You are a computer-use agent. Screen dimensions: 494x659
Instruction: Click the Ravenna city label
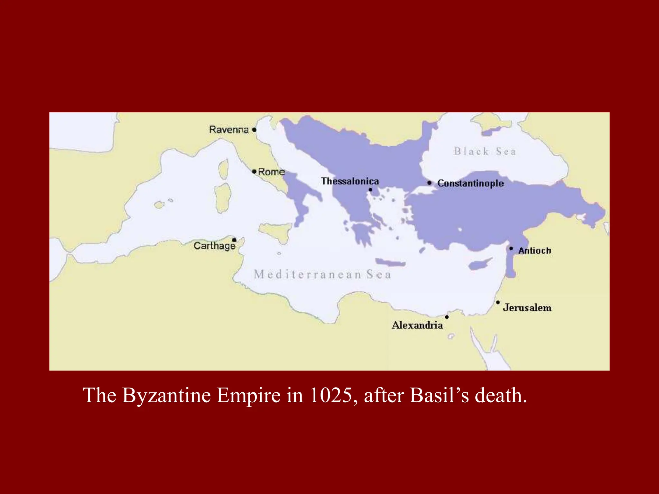[229, 130]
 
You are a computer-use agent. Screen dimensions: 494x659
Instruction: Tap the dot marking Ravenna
[254, 130]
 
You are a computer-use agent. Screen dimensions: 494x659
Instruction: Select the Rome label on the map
[271, 172]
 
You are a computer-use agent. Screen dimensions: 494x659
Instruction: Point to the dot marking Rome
[254, 172]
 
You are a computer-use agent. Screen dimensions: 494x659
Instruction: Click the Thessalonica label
[350, 181]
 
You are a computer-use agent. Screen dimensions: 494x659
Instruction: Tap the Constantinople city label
[470, 183]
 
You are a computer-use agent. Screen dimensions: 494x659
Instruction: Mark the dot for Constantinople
[429, 183]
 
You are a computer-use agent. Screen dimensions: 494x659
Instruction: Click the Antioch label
[534, 251]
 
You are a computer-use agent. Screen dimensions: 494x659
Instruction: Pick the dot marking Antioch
[511, 249]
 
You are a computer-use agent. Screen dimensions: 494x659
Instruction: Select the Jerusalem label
[527, 308]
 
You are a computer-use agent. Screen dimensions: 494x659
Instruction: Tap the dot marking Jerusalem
[498, 302]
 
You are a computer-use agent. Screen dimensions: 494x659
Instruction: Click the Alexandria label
[417, 325]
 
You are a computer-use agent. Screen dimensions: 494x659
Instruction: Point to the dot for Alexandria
[447, 317]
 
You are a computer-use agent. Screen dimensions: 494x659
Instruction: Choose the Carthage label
[215, 246]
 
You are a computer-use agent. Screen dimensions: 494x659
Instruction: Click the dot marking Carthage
[234, 240]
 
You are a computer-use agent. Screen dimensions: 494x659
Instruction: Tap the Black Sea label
[485, 151]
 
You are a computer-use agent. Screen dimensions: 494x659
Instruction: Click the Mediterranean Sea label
[322, 275]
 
